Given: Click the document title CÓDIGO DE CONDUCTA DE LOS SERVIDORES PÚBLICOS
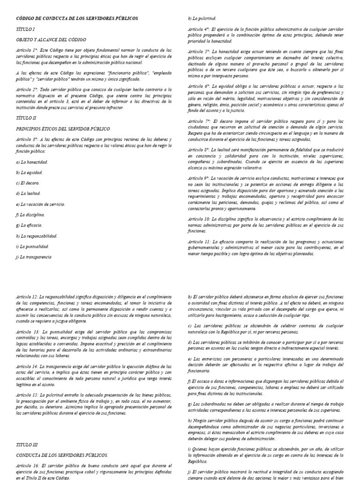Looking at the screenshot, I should (77, 18).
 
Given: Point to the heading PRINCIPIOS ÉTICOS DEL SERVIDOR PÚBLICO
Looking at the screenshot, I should (63, 129).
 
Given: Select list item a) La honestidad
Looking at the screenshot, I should (32, 162).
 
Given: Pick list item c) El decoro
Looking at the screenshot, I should (28, 183).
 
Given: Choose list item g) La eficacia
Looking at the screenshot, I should (29, 225).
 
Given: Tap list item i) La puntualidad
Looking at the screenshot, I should (32, 246).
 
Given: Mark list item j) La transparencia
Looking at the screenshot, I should (33, 257).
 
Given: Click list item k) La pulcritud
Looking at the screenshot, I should (202, 18).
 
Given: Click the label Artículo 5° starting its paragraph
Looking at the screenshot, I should (199, 51).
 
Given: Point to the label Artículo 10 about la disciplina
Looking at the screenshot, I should (199, 219).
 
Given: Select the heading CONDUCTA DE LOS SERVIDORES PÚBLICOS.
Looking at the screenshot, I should (62, 455).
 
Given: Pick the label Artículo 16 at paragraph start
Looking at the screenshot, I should (27, 466).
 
